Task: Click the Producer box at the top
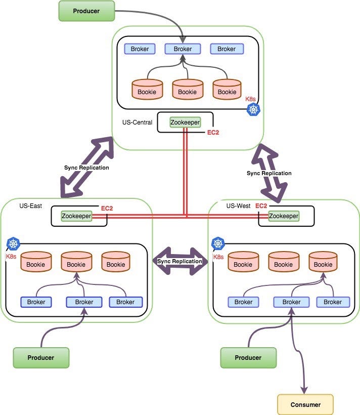86,11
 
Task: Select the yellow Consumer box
305,404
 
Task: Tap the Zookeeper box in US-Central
185,122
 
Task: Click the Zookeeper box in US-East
76,216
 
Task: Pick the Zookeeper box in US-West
283,216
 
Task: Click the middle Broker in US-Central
183,49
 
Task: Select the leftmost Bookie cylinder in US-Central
148,90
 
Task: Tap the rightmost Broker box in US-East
125,302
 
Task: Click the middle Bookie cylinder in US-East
76,262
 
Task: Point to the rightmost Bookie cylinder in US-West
323,262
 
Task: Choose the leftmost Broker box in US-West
243,302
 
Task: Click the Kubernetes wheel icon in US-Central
253,109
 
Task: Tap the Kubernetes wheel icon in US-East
13,244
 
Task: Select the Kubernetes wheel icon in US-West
218,244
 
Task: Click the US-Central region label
137,122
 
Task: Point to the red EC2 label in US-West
261,206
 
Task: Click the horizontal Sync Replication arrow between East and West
179,261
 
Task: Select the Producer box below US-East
41,357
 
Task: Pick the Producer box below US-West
248,357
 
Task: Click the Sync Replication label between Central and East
86,168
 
